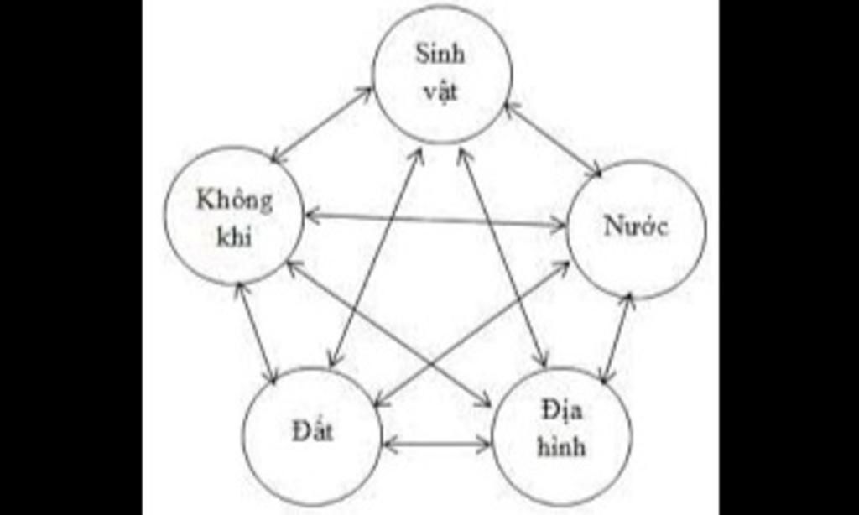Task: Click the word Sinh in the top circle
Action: point(440,55)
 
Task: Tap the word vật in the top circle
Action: point(440,89)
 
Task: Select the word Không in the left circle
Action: point(235,201)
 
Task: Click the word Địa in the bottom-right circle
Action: point(563,410)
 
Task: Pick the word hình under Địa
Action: point(561,446)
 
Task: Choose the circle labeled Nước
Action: point(636,229)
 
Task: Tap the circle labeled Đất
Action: point(312,435)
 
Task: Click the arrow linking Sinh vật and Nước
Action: point(554,140)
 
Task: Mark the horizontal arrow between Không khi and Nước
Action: point(436,221)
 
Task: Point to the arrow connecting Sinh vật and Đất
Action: point(377,258)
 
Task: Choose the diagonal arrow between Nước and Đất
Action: point(472,335)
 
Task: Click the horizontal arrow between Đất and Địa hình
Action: point(437,443)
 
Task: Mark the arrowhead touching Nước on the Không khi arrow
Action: point(559,224)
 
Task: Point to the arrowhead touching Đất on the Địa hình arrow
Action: point(391,443)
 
